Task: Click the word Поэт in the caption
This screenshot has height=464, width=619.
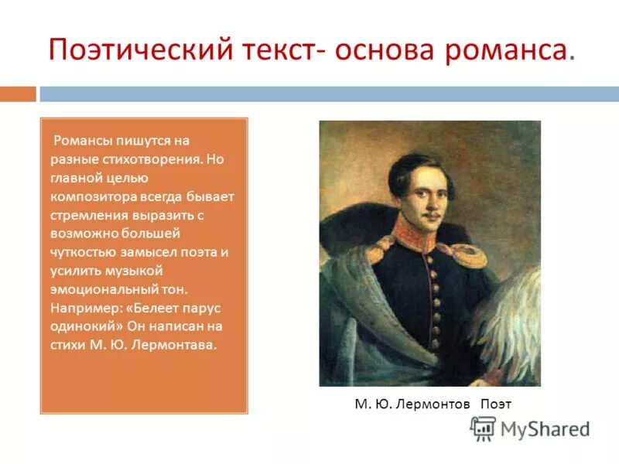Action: [x=496, y=404]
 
